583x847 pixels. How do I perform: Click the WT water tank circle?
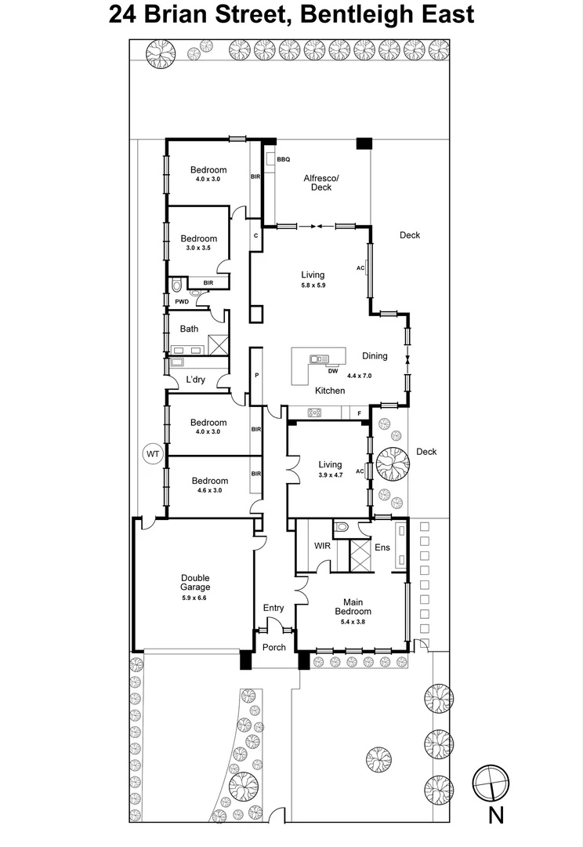154,454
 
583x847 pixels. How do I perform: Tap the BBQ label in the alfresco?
284,159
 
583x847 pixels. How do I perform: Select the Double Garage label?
195,582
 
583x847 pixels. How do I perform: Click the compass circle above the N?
491,783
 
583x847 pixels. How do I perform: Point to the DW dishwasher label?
333,371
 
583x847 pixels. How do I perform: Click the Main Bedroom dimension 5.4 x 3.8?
353,622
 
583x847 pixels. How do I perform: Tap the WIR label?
322,546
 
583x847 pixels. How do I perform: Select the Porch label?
274,647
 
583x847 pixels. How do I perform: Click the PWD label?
182,301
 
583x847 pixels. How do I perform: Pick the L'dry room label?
195,380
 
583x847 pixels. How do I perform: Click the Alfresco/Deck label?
321,183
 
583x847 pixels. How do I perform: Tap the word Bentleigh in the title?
354,15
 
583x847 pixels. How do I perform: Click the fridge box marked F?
360,413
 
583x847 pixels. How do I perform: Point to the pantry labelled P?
256,376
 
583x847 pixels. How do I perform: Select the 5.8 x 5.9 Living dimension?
313,285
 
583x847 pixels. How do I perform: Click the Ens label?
382,547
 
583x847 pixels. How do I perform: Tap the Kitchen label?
330,391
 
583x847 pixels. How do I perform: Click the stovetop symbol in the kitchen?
314,413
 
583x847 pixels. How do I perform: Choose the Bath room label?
189,329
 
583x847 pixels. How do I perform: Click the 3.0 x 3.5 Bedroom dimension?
199,248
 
